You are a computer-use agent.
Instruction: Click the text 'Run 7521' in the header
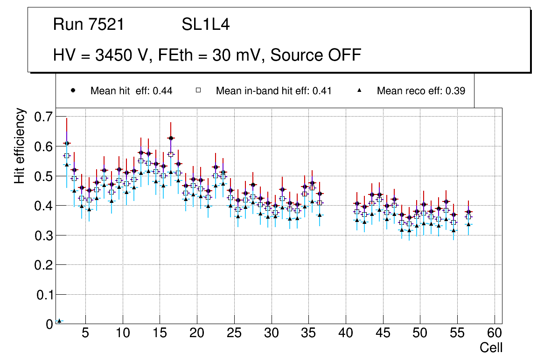coord(89,25)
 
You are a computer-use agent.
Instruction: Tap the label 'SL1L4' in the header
coord(205,25)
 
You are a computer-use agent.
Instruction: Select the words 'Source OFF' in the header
coord(316,55)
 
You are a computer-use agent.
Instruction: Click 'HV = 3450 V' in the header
coord(102,55)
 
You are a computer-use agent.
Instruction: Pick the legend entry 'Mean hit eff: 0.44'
coord(131,91)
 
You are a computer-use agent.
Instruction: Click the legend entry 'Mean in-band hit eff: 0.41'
coord(273,91)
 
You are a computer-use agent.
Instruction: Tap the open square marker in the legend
coord(198,90)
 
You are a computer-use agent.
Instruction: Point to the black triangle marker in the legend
coord(360,90)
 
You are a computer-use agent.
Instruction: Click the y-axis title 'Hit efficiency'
coord(19,146)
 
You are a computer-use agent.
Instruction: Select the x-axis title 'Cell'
coord(491,347)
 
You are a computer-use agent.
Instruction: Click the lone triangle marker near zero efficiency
coord(59,321)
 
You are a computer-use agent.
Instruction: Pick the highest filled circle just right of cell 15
coord(171,138)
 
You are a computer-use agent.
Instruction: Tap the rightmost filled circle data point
coord(468,212)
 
